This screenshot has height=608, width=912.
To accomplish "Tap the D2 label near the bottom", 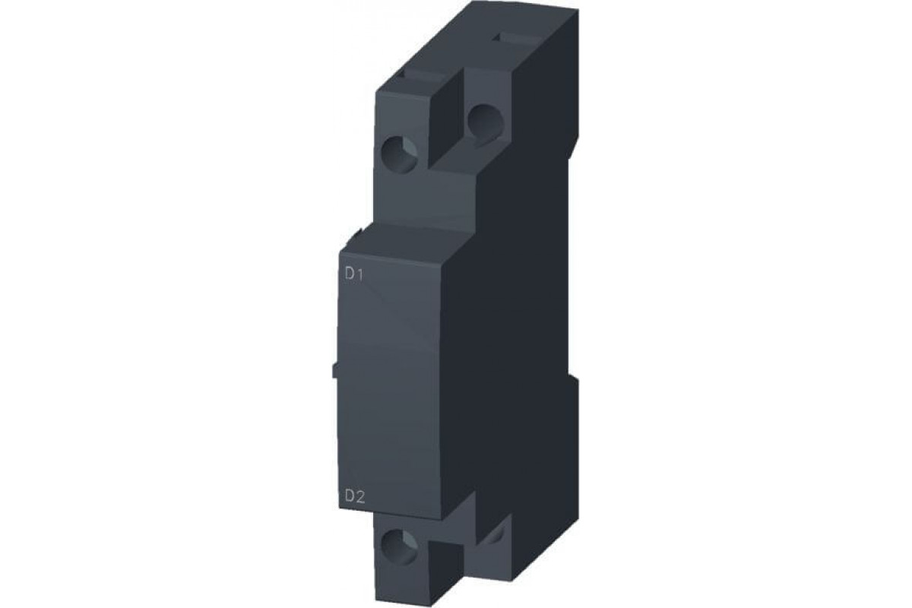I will point(356,498).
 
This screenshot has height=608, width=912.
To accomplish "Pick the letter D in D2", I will point(350,498).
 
